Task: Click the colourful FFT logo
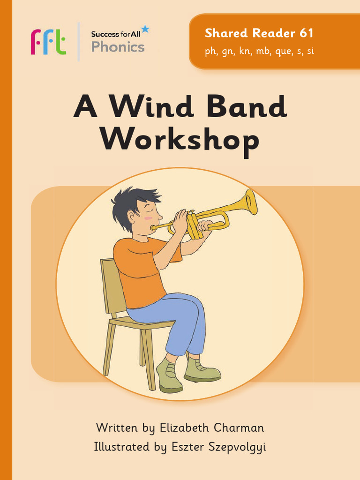pyautogui.click(x=48, y=42)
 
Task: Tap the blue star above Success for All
pyautogui.click(x=145, y=30)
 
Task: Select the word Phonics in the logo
pyautogui.click(x=118, y=47)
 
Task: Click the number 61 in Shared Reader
pyautogui.click(x=305, y=33)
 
